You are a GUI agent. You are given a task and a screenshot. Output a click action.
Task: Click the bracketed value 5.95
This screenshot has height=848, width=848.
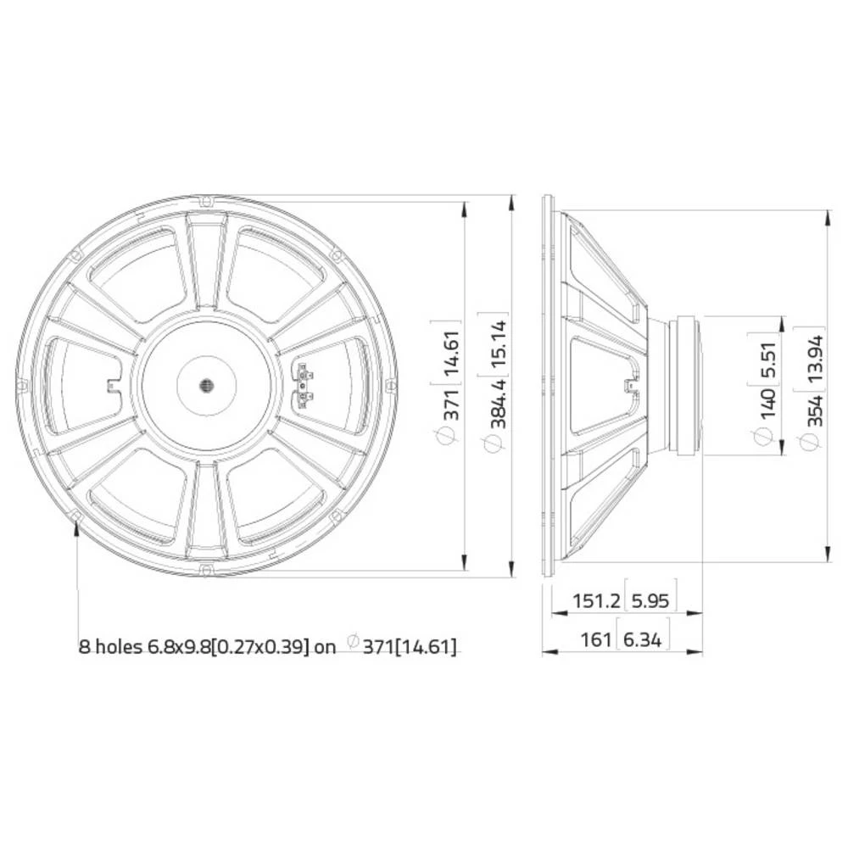pyautogui.click(x=650, y=601)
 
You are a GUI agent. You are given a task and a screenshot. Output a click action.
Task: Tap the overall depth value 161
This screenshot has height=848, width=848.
pyautogui.click(x=596, y=639)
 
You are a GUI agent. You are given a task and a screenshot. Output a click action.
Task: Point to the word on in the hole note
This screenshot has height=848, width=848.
pyautogui.click(x=326, y=647)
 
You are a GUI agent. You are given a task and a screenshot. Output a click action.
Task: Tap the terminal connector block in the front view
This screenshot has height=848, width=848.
pyautogui.click(x=303, y=386)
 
